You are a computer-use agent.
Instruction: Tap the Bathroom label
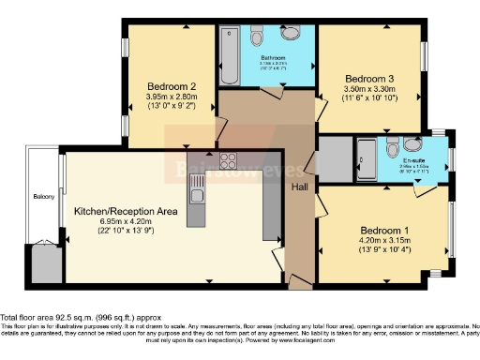(x=273, y=58)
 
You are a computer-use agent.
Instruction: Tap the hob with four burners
(x=229, y=159)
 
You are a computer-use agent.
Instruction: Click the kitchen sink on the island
(x=199, y=195)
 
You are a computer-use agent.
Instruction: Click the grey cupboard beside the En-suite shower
(x=333, y=159)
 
